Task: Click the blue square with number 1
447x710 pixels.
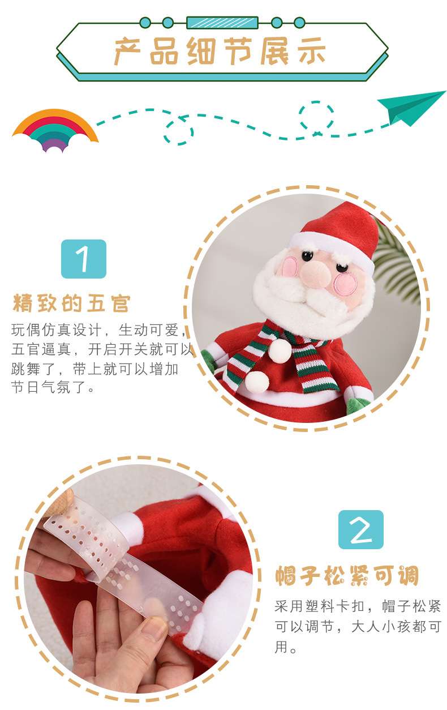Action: tap(84, 259)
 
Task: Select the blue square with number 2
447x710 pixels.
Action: tap(361, 529)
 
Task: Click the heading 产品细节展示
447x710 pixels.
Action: tap(220, 51)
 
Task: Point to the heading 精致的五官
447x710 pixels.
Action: tap(72, 303)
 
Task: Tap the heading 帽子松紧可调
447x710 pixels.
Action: tap(347, 575)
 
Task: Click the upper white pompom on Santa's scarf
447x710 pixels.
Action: tap(280, 351)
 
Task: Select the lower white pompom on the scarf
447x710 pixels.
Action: tap(257, 382)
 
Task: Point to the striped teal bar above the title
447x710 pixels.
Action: tap(222, 23)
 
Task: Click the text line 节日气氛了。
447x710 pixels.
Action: tap(53, 387)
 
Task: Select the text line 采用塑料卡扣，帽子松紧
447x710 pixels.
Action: tap(358, 606)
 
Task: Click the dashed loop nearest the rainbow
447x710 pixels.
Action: tap(179, 132)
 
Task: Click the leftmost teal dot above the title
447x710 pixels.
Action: tap(145, 23)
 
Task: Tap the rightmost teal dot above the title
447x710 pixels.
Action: tap(299, 23)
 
